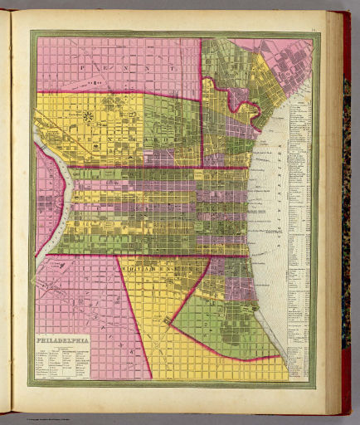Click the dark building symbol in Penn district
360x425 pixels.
coord(97,82)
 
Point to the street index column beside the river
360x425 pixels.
coord(298,249)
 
